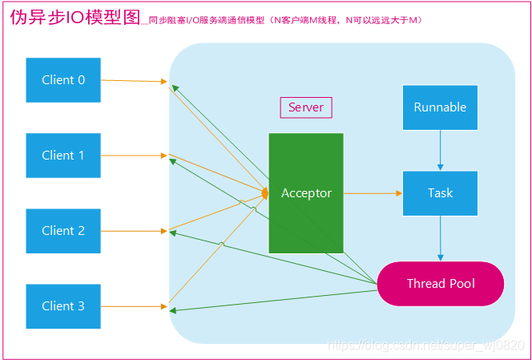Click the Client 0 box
click(63, 80)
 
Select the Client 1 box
click(63, 156)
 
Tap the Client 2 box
click(63, 231)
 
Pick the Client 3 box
click(63, 306)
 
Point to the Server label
click(305, 107)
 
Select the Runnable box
click(440, 107)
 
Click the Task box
click(440, 193)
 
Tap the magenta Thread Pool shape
click(440, 284)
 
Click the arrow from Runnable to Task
click(440, 150)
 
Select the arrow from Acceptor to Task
click(373, 193)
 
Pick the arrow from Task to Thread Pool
click(440, 238)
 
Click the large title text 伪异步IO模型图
click(74, 18)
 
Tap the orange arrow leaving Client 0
click(135, 81)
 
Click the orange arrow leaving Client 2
click(135, 231)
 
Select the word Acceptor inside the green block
click(306, 193)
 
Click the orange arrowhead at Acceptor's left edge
click(264, 192)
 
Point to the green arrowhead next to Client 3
click(173, 310)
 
